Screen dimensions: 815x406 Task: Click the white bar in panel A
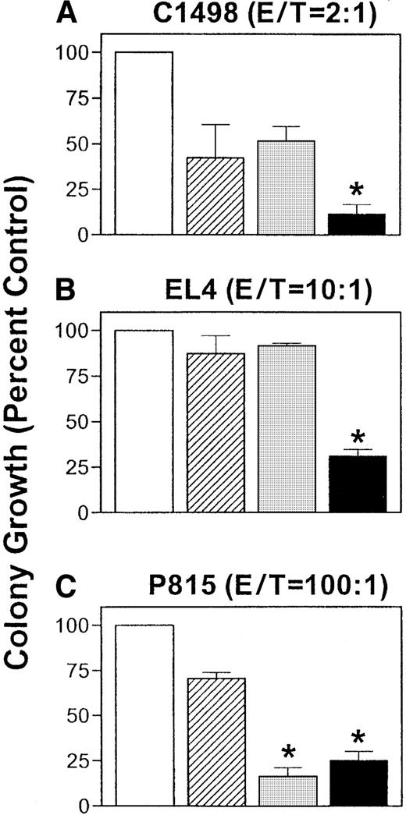[x=144, y=144]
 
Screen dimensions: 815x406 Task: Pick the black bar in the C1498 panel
[x=358, y=224]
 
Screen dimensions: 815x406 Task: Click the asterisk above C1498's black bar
[x=358, y=191]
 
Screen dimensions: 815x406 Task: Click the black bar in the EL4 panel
[x=358, y=484]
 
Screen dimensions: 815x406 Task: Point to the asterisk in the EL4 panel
[x=358, y=436]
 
